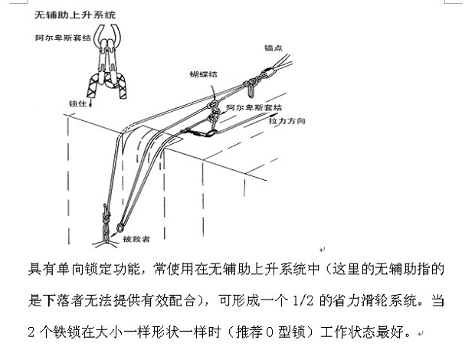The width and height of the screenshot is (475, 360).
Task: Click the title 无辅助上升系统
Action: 75,15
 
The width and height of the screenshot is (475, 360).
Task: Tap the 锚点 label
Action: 274,47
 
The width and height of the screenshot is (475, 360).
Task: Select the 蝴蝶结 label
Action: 203,74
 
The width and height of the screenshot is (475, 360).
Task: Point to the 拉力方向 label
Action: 287,121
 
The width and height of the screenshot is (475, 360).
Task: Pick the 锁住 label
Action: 77,103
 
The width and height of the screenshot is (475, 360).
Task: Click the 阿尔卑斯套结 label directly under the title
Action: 63,38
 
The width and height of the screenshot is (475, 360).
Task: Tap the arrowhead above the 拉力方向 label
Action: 274,115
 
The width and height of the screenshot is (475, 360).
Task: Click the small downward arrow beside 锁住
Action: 90,104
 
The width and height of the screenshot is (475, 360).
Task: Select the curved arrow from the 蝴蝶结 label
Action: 215,92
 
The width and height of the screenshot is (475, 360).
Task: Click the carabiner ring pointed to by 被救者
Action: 120,227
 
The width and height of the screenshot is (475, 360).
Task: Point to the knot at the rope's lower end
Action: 106,224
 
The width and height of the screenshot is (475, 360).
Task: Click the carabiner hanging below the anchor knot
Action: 251,91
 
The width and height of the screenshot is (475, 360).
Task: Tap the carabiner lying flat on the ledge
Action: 198,133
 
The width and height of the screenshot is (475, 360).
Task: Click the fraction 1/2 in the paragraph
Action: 303,301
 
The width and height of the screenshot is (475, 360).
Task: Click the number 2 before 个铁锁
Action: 31,332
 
